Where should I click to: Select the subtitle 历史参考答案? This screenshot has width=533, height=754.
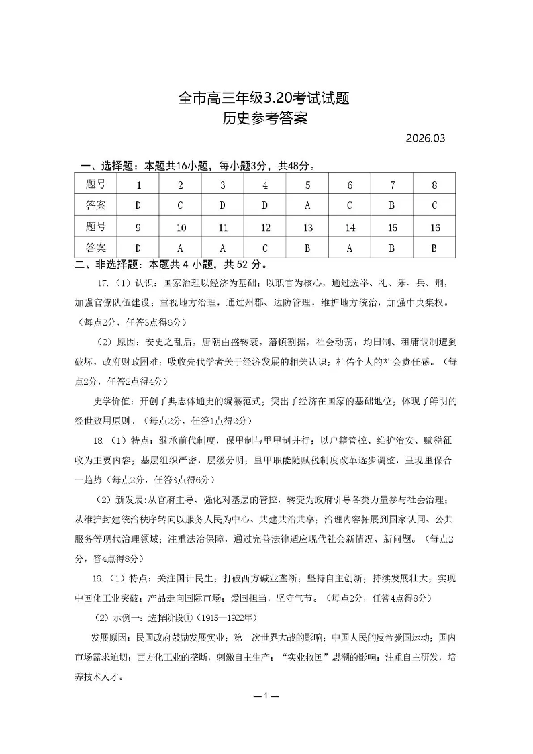(264, 120)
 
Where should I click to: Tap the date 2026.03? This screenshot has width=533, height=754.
(426, 140)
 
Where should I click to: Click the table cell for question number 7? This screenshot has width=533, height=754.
(392, 185)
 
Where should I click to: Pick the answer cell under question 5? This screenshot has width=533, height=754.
(307, 205)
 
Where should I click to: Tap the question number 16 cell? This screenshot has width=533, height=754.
(434, 228)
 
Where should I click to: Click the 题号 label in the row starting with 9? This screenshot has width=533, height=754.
(96, 227)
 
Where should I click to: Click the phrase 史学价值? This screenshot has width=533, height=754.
(113, 402)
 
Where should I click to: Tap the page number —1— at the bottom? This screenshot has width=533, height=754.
(266, 696)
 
